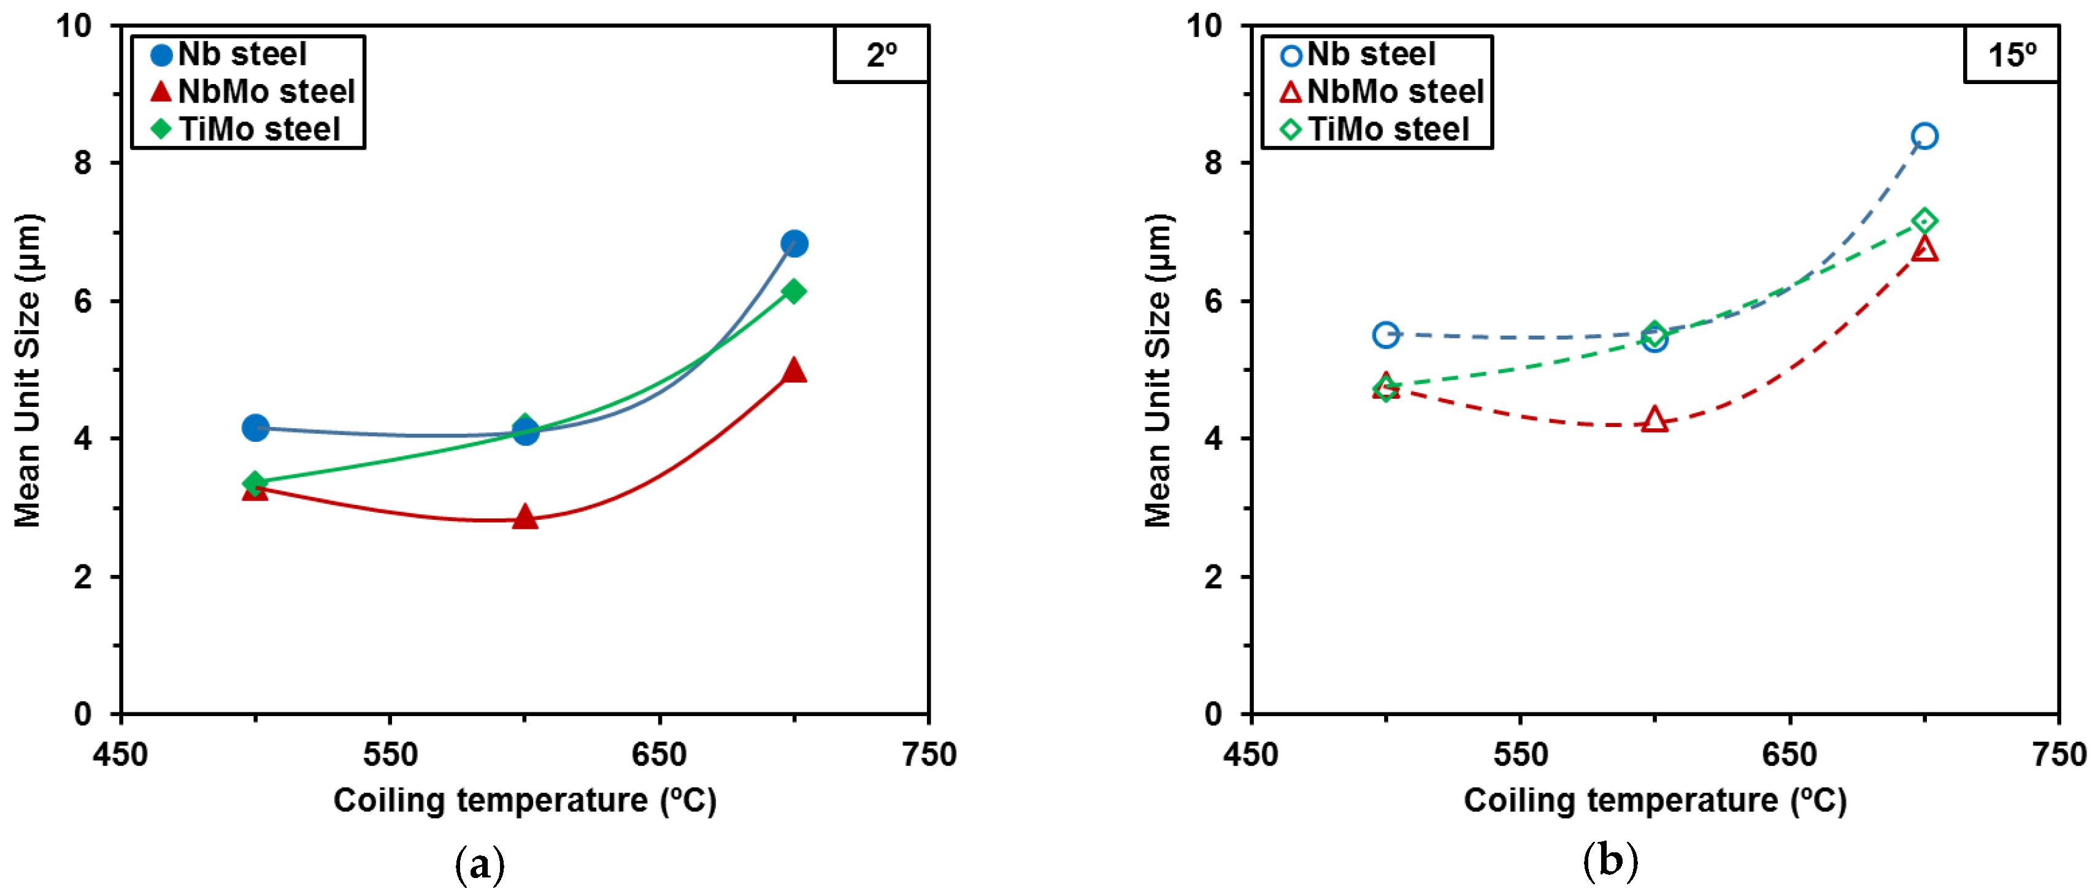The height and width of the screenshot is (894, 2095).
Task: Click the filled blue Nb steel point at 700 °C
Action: tap(794, 243)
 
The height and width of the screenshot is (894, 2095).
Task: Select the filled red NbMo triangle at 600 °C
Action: tap(525, 517)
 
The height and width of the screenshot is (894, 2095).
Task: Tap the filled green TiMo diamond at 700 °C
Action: tap(794, 291)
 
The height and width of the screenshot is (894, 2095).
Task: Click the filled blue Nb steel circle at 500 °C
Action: tap(255, 427)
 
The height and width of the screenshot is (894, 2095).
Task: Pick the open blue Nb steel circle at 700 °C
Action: tap(1924, 136)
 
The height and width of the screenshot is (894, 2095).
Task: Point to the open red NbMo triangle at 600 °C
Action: tap(1654, 420)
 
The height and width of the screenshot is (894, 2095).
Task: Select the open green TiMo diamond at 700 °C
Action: tap(1924, 220)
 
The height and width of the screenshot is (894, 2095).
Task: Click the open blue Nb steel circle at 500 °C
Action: tap(1386, 334)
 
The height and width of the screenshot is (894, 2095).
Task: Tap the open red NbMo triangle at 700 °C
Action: tap(1924, 250)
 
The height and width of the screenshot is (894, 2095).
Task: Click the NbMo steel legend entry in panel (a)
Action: tap(252, 91)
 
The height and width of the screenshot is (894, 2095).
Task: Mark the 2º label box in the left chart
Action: tap(882, 55)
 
